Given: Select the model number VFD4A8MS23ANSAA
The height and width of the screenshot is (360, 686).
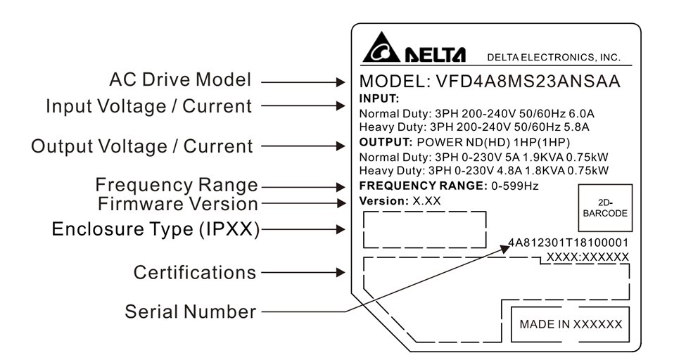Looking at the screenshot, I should [x=520, y=82].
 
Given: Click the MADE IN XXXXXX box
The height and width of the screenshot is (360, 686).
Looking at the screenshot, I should [x=571, y=324].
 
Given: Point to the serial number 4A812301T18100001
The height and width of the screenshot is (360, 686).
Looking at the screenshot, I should [x=569, y=243].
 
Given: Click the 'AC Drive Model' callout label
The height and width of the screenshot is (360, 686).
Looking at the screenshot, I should [x=180, y=79].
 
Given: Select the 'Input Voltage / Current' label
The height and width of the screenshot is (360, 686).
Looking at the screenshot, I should [x=148, y=106].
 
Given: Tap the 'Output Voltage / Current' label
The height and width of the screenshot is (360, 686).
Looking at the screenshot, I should [x=141, y=146].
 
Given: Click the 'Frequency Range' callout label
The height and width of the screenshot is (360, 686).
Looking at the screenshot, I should [x=177, y=186].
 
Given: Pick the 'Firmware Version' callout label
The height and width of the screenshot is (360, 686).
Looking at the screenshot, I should [x=178, y=204].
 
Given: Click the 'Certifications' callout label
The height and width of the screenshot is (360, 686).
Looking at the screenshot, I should [x=195, y=272].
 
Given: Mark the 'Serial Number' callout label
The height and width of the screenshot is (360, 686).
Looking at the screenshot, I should [x=190, y=311].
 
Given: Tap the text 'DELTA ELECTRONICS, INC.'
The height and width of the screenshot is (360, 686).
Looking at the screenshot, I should [x=554, y=57].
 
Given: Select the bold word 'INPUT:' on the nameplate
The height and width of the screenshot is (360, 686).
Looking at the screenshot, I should [x=379, y=98].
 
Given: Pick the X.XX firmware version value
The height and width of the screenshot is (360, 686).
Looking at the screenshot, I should [x=427, y=201].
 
